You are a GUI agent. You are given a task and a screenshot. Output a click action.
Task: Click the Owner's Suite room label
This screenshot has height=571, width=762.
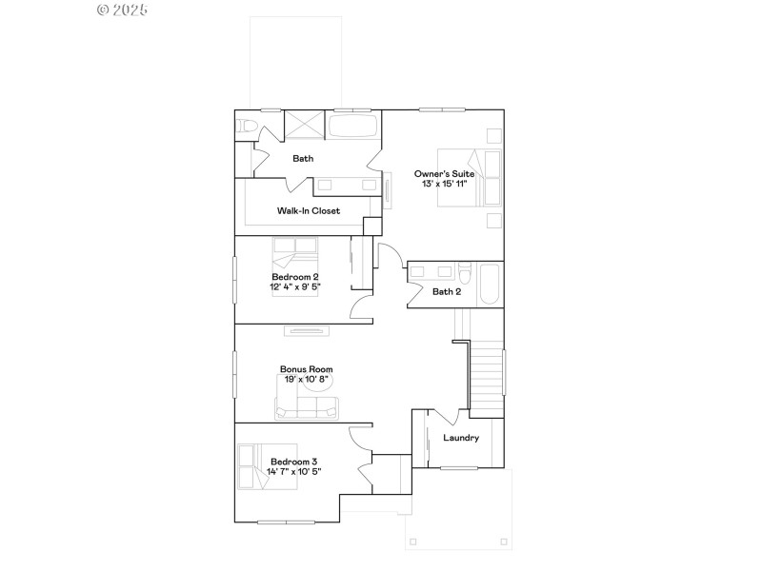(x=444, y=173)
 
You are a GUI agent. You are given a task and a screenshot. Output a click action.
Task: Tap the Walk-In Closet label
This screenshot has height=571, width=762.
(x=308, y=211)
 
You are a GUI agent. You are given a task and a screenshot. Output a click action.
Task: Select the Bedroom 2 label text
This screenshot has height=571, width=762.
(x=294, y=276)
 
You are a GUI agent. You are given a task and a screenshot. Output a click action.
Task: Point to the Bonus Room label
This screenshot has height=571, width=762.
(x=306, y=369)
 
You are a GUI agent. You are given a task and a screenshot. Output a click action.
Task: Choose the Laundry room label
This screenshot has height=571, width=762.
(x=461, y=438)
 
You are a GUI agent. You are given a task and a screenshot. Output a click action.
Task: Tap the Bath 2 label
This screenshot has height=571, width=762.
(x=447, y=291)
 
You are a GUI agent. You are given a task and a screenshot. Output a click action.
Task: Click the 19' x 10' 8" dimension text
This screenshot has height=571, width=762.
(x=306, y=379)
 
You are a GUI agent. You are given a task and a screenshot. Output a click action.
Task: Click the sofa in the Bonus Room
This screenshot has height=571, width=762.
(x=306, y=407)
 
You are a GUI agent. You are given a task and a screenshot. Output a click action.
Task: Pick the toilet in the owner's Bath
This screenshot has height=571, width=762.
(x=246, y=126)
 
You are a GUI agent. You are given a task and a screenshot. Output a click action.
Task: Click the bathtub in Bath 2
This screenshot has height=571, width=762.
(x=490, y=284)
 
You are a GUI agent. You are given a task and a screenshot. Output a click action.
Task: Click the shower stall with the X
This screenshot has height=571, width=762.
(x=307, y=126)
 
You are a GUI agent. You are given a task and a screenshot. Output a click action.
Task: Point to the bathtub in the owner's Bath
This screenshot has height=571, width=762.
(x=353, y=126)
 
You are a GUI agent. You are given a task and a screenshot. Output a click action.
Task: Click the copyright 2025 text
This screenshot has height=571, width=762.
(x=123, y=10)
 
